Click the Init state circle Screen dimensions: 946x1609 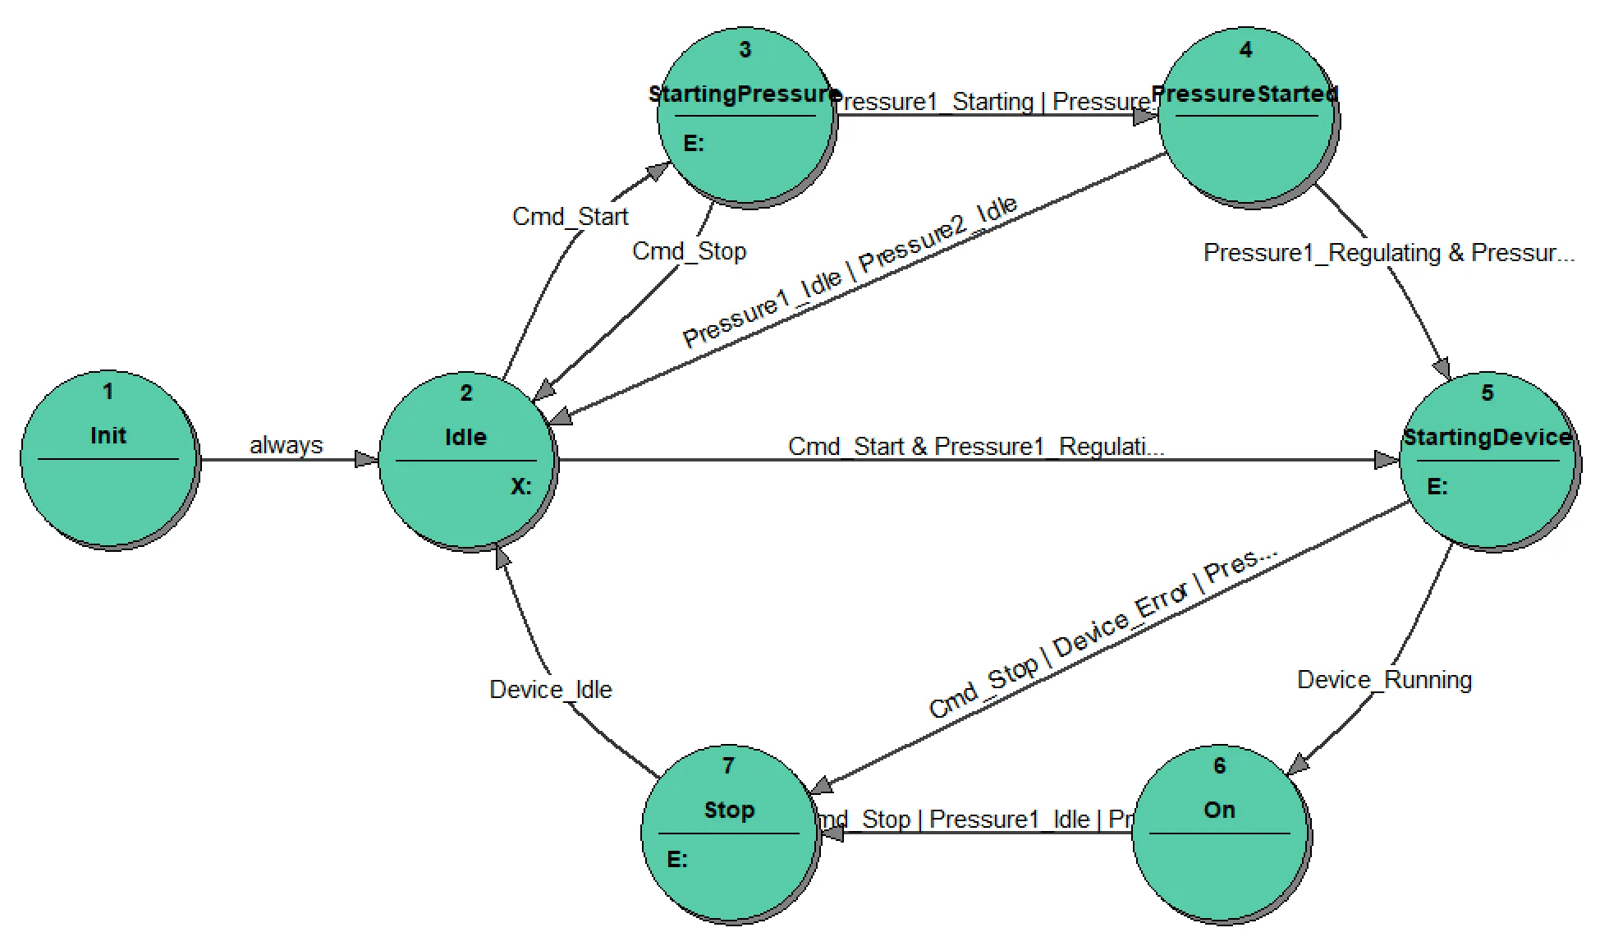[108, 460]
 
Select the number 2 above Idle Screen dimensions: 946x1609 [466, 393]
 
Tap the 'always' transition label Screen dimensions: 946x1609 [286, 445]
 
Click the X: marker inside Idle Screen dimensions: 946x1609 [520, 487]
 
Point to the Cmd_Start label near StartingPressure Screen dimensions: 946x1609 [570, 217]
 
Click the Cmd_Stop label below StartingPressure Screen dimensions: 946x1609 [689, 251]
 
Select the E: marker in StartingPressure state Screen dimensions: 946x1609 [694, 144]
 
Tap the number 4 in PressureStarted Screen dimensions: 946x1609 [1245, 50]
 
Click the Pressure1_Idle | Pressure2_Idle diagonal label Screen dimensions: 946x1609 [850, 272]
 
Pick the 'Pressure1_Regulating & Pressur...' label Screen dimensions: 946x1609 [1388, 253]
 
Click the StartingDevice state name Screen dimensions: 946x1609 [1487, 437]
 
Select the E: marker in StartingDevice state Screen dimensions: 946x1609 [1437, 487]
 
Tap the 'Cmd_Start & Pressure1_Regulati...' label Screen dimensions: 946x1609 [975, 447]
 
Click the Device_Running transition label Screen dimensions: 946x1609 [1384, 680]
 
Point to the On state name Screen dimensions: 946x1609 [1219, 811]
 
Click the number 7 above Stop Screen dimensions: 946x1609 [728, 766]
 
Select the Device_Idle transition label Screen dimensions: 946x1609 [550, 690]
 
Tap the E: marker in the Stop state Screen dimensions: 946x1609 [676, 860]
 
